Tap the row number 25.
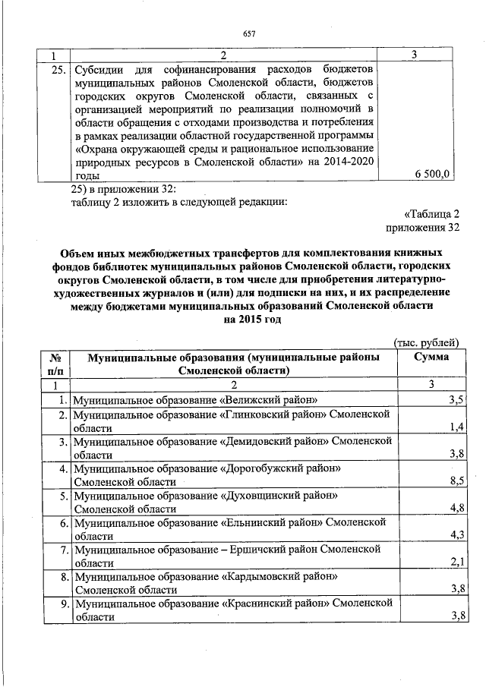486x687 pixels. click(52, 70)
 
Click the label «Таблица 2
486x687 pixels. click(433, 213)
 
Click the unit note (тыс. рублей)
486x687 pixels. click(426, 344)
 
